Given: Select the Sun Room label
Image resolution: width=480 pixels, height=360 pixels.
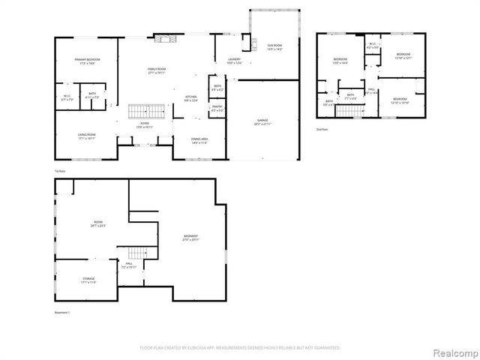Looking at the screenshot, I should [x=274, y=46].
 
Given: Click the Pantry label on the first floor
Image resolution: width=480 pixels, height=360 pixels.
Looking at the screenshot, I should [x=217, y=107].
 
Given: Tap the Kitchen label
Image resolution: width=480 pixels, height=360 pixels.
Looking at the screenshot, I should [x=192, y=97].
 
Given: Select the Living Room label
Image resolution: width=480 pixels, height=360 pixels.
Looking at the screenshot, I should [x=87, y=136].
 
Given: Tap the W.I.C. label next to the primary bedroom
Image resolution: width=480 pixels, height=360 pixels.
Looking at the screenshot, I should [x=67, y=97].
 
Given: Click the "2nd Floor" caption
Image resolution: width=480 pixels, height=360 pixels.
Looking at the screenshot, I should [x=322, y=129].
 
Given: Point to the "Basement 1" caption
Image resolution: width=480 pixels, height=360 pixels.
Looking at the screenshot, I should [x=62, y=312].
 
